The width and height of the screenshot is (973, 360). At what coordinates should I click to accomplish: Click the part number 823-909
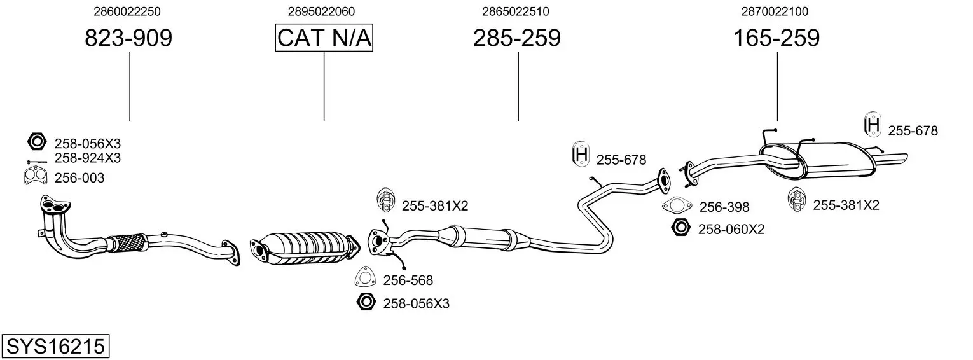[x=128, y=38]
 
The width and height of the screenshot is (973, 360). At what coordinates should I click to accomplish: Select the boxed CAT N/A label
[x=324, y=38]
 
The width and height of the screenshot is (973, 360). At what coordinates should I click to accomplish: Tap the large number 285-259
[x=517, y=38]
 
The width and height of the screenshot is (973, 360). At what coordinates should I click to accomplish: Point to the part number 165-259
[x=776, y=38]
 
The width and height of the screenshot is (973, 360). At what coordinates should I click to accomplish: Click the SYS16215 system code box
[x=55, y=346]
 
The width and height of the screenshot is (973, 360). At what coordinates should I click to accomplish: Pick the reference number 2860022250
[x=127, y=11]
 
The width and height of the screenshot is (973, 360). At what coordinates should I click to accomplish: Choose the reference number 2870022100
[x=775, y=11]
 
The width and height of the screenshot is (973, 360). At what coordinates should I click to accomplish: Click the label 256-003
[x=79, y=177]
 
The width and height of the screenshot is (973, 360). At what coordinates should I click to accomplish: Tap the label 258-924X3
[x=88, y=158]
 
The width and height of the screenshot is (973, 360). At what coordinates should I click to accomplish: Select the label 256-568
[x=408, y=280]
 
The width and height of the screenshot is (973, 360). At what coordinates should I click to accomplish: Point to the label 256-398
[x=724, y=207]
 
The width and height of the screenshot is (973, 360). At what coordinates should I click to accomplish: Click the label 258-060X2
[x=731, y=229]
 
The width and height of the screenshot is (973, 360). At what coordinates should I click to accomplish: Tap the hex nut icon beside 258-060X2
[x=680, y=228]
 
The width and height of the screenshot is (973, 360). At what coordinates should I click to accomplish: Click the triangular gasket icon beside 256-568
[x=365, y=277]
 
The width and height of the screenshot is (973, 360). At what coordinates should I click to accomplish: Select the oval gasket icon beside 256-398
[x=677, y=205]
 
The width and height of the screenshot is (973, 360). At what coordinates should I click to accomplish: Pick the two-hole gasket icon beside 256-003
[x=35, y=176]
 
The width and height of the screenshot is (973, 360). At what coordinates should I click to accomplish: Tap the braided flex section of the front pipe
[x=128, y=242]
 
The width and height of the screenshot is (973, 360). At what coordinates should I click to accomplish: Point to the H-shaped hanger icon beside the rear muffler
[x=873, y=125]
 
